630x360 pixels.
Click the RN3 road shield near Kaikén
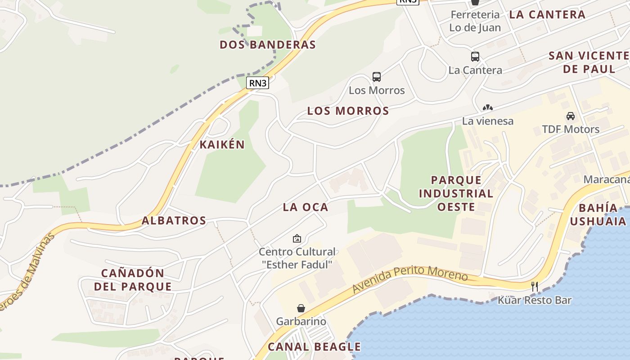[258, 83]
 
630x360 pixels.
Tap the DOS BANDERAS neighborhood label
[268, 45]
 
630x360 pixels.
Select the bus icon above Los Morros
[377, 77]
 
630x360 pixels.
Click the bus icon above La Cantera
[475, 57]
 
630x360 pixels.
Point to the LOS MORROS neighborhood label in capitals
[348, 111]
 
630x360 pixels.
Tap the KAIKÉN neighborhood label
[222, 144]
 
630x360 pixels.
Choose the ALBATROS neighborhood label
[174, 220]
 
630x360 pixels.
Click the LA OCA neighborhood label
[306, 207]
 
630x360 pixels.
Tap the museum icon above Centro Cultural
[297, 238]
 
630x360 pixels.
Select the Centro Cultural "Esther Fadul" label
[297, 258]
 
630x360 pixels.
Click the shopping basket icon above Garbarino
[301, 308]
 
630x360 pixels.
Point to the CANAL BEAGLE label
[314, 346]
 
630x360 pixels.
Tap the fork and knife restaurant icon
[535, 286]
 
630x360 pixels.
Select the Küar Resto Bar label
[535, 300]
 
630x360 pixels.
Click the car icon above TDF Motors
[571, 116]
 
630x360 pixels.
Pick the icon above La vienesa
[488, 108]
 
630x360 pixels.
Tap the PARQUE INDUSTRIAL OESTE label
[456, 193]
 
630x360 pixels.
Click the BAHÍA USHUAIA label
[598, 214]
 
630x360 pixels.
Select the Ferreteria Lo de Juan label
[475, 21]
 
